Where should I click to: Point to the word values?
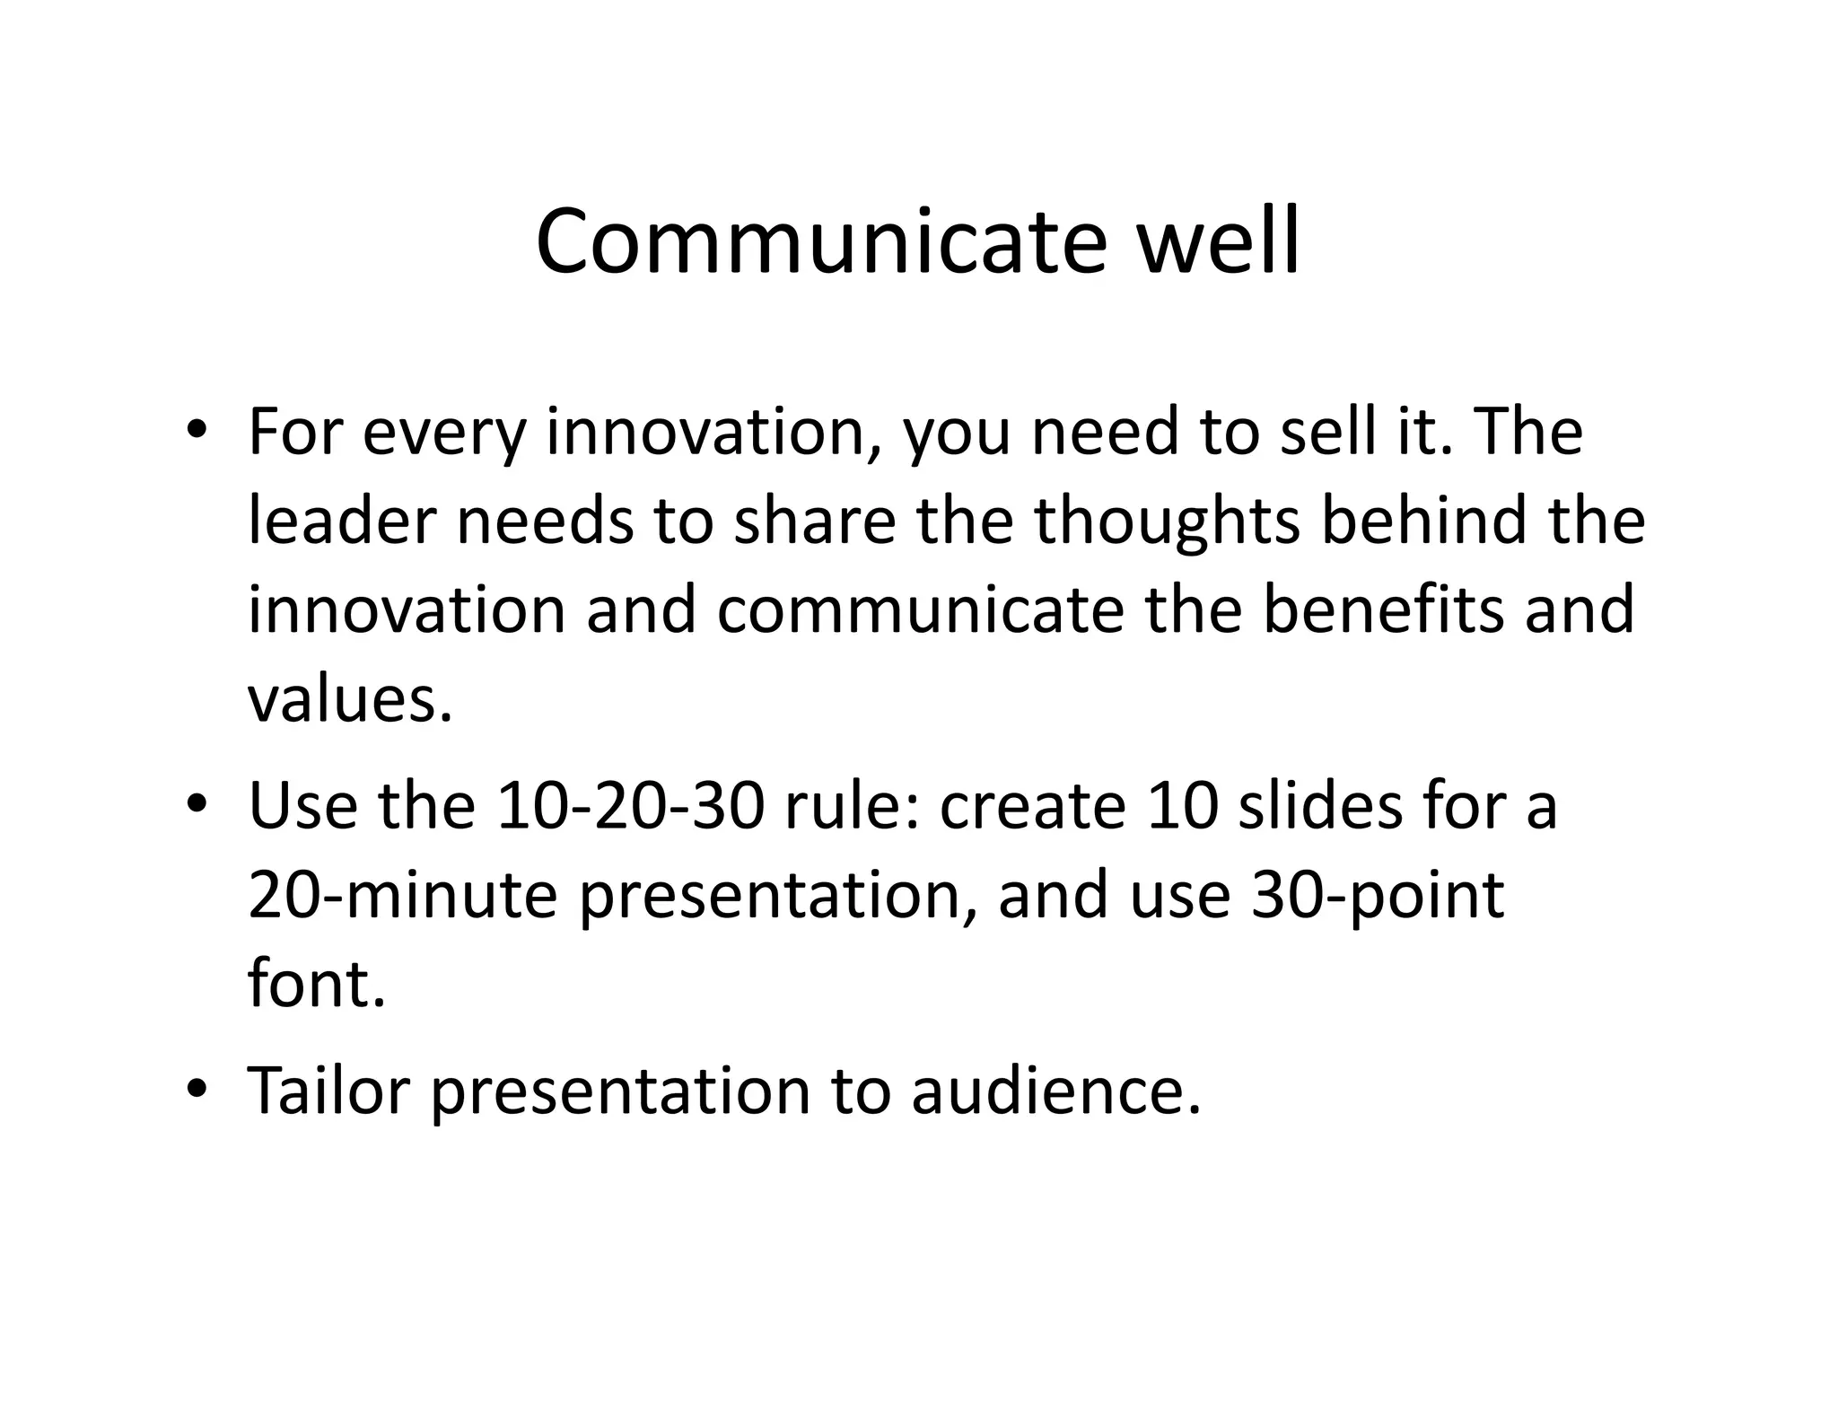[x=349, y=699]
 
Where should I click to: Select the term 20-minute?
[x=403, y=895]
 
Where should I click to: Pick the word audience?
[x=1055, y=1091]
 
